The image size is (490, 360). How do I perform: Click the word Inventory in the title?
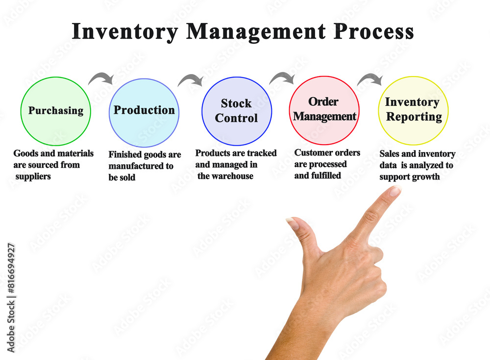pyautogui.click(x=125, y=32)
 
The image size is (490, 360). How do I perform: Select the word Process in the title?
pyautogui.click(x=373, y=31)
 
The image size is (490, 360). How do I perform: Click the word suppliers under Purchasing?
pyautogui.click(x=33, y=177)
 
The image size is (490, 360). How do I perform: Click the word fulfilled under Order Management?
pyautogui.click(x=326, y=176)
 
